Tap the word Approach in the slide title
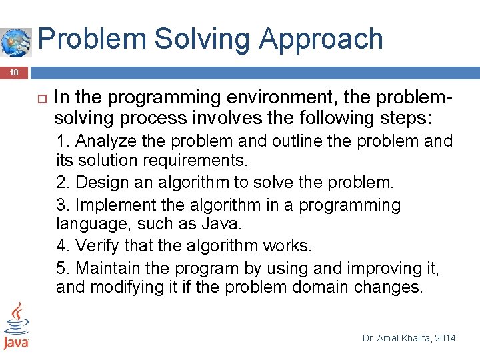click(x=321, y=39)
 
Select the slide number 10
click(x=14, y=72)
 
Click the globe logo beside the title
click(x=15, y=42)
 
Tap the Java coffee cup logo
click(x=15, y=326)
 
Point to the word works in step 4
click(x=288, y=245)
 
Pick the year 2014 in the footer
click(x=445, y=338)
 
